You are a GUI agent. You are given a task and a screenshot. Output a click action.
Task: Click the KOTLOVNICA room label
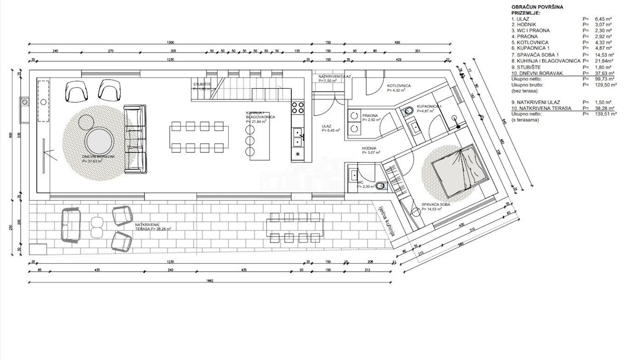click(399, 86)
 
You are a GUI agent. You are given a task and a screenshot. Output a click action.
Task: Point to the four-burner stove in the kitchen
click(298, 108)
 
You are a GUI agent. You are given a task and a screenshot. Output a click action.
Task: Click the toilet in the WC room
click(381, 186)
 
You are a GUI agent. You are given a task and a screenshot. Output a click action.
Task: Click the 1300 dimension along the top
click(170, 42)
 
